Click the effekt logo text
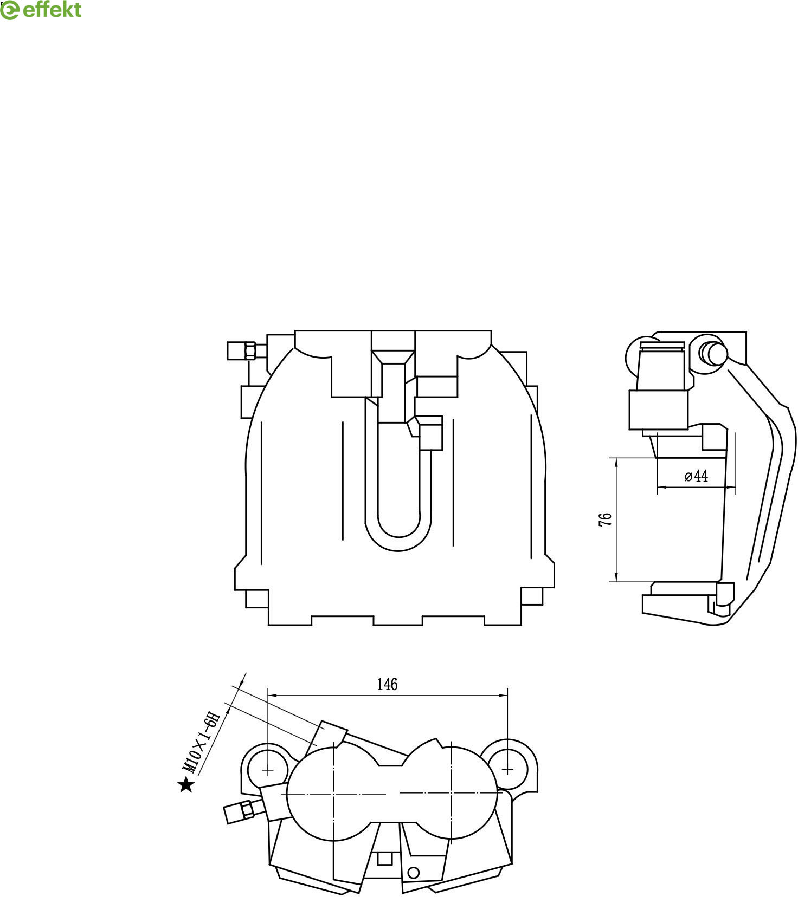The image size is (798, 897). (52, 10)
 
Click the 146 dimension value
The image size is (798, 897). (387, 685)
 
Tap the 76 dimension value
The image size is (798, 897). (606, 518)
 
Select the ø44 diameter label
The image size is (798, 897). (697, 476)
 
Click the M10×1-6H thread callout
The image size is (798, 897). (202, 743)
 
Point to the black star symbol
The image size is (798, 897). (186, 785)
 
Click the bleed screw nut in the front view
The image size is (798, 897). (250, 350)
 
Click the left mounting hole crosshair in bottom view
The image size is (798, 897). (268, 770)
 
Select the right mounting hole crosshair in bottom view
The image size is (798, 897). (507, 769)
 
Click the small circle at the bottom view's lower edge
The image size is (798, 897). (414, 873)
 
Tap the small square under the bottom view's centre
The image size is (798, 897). (384, 859)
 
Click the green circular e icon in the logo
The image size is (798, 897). (9, 10)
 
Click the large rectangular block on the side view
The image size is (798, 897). (658, 410)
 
